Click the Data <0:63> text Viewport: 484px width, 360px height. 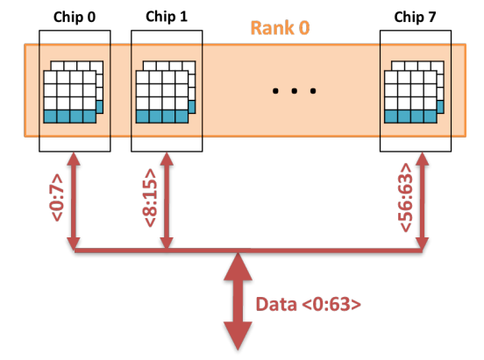(310, 304)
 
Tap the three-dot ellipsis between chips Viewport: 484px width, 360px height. (290, 90)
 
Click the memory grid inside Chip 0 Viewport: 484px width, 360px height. (73, 91)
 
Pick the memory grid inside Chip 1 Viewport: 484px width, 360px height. (165, 91)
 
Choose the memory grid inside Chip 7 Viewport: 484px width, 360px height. (414, 91)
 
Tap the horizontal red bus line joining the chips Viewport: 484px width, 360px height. (307, 252)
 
